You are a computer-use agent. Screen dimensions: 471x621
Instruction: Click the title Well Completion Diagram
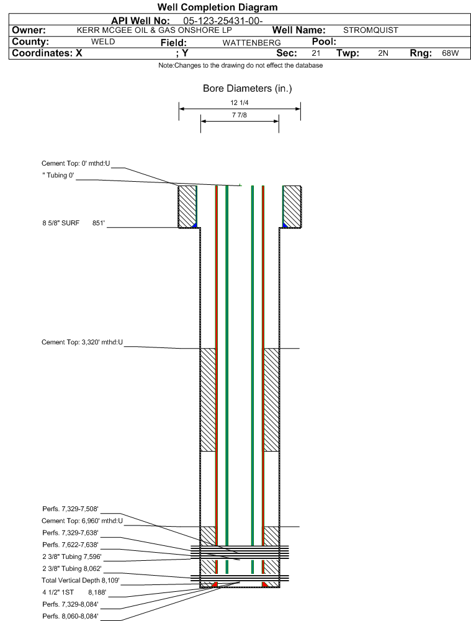click(x=217, y=7)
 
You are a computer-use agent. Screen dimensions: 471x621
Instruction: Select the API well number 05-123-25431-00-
click(x=223, y=21)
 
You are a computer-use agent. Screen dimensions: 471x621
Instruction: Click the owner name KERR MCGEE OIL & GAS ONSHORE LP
click(x=154, y=30)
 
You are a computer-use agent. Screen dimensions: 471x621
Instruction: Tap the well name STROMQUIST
click(x=370, y=30)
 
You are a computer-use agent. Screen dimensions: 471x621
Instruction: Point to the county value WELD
click(x=103, y=42)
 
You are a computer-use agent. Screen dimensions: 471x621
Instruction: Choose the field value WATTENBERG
click(x=251, y=43)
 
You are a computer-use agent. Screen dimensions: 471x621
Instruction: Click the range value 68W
click(x=450, y=53)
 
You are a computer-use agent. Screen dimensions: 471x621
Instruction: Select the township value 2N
click(x=383, y=53)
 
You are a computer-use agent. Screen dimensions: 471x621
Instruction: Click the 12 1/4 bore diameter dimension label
click(x=240, y=102)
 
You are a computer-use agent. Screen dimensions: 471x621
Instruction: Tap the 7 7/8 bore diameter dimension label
click(x=240, y=115)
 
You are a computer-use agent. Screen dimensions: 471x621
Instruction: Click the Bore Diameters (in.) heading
click(x=247, y=88)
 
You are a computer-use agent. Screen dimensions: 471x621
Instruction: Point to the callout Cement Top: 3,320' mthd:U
click(x=82, y=342)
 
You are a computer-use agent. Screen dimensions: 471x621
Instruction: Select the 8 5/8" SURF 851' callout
click(x=74, y=223)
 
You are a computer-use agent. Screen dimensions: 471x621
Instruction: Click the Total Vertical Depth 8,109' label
click(x=81, y=580)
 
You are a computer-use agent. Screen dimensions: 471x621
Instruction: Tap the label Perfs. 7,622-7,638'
click(x=70, y=545)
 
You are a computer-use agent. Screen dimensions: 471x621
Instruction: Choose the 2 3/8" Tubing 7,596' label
click(x=72, y=556)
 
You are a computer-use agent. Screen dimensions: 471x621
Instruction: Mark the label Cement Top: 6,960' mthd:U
click(x=82, y=520)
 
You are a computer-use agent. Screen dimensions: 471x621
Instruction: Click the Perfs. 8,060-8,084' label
click(x=70, y=616)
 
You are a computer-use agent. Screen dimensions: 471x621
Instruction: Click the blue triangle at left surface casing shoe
click(x=194, y=225)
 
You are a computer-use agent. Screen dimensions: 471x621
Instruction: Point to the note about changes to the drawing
click(x=240, y=65)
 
